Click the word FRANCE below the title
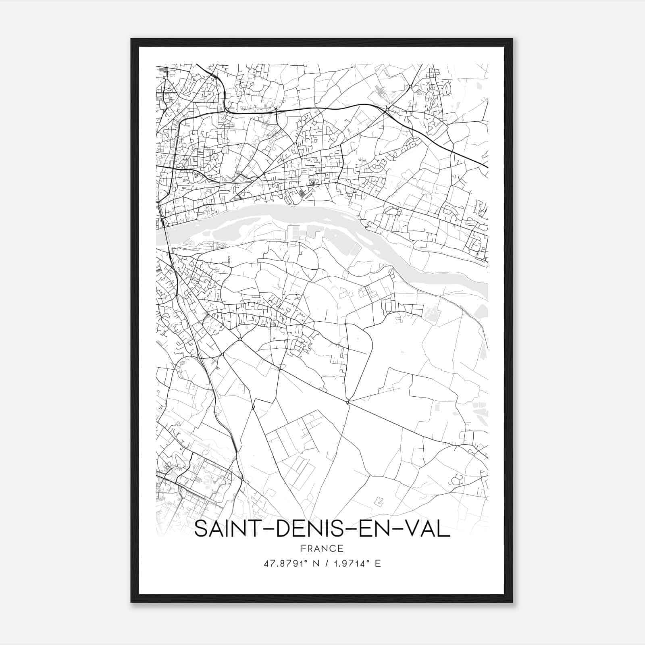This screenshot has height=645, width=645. (x=322, y=548)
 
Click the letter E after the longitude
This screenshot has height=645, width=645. (x=378, y=564)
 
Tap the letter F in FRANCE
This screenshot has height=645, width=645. (x=303, y=548)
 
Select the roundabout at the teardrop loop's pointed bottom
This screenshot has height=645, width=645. (x=347, y=402)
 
